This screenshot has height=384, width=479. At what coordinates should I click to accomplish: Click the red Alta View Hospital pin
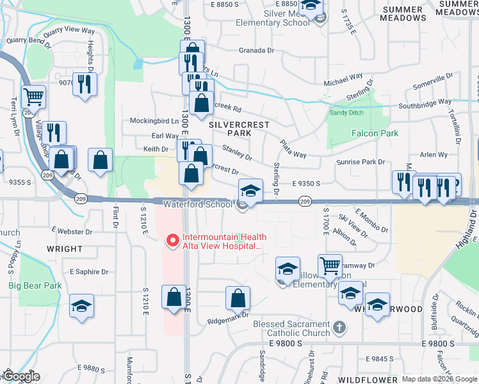tap(171, 241)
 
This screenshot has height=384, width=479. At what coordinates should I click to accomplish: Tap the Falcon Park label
tap(375, 133)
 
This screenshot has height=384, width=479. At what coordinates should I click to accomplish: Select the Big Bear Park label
tap(30, 285)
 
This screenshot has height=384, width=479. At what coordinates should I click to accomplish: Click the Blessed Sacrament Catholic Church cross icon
tap(339, 328)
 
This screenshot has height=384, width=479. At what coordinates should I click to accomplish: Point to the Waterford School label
tap(197, 204)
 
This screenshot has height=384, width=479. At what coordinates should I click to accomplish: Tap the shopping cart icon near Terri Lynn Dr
tap(33, 97)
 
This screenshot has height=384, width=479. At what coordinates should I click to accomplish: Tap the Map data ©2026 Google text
tap(439, 379)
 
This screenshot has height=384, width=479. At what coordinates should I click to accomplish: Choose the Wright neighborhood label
tap(64, 249)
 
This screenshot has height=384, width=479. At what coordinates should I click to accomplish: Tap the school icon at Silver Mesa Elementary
tap(311, 6)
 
